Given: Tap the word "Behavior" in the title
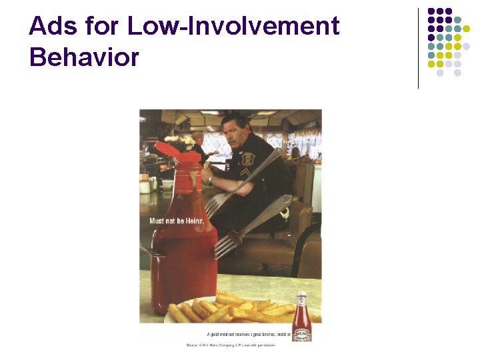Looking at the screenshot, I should tap(84, 57).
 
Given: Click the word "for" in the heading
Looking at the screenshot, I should tap(105, 27).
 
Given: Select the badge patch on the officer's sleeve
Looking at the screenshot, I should tap(249, 159).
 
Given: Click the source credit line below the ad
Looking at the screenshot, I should tap(230, 345).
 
